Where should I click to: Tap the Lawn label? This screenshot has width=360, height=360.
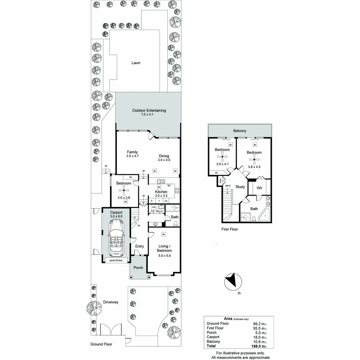tap(136, 63)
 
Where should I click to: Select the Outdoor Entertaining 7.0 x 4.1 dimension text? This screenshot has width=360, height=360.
tap(149, 114)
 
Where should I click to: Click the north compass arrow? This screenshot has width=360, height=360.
tap(233, 281)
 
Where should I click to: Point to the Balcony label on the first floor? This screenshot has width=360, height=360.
tap(240, 131)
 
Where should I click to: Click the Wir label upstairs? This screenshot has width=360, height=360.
tap(259, 188)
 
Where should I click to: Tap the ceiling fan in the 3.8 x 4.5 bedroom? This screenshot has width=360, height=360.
tap(254, 159)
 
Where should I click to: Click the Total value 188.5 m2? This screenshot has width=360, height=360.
tap(260, 346)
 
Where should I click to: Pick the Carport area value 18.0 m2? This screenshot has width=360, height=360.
tap(260, 337)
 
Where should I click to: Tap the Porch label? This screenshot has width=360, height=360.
tap(138, 268)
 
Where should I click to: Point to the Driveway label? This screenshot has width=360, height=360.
tap(110, 302)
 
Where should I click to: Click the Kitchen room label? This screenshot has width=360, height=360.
tap(161, 192)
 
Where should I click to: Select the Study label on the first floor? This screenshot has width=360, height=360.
tap(240, 187)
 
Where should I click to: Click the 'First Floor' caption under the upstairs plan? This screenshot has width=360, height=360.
tap(230, 229)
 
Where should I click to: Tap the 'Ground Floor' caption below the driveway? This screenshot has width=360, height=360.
tap(101, 344)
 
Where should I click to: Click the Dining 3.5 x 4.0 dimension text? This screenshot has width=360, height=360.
tap(164, 160)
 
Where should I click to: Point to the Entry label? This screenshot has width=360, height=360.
tap(139, 246)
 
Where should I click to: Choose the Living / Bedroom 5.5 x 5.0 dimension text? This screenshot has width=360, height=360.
tap(164, 256)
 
